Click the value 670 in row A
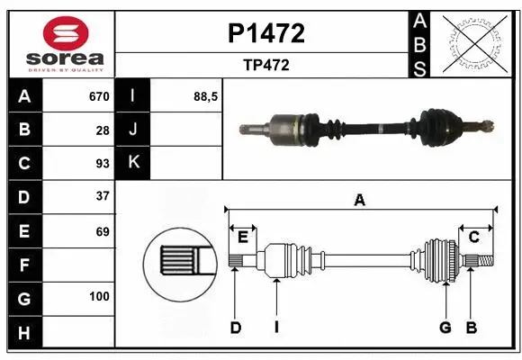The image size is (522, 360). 99,96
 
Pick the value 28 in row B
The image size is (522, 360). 103,130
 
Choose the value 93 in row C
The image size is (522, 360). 103,164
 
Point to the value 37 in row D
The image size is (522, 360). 103,196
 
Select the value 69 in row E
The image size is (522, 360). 103,231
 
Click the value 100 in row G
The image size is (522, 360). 99,296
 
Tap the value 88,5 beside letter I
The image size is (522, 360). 206,96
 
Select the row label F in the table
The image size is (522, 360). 23,265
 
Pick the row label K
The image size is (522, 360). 133,163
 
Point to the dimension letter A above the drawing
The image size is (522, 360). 360,201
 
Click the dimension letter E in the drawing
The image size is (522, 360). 242,238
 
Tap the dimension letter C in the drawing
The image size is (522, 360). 473,238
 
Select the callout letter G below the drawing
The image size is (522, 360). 445,328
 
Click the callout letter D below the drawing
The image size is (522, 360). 235,328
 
